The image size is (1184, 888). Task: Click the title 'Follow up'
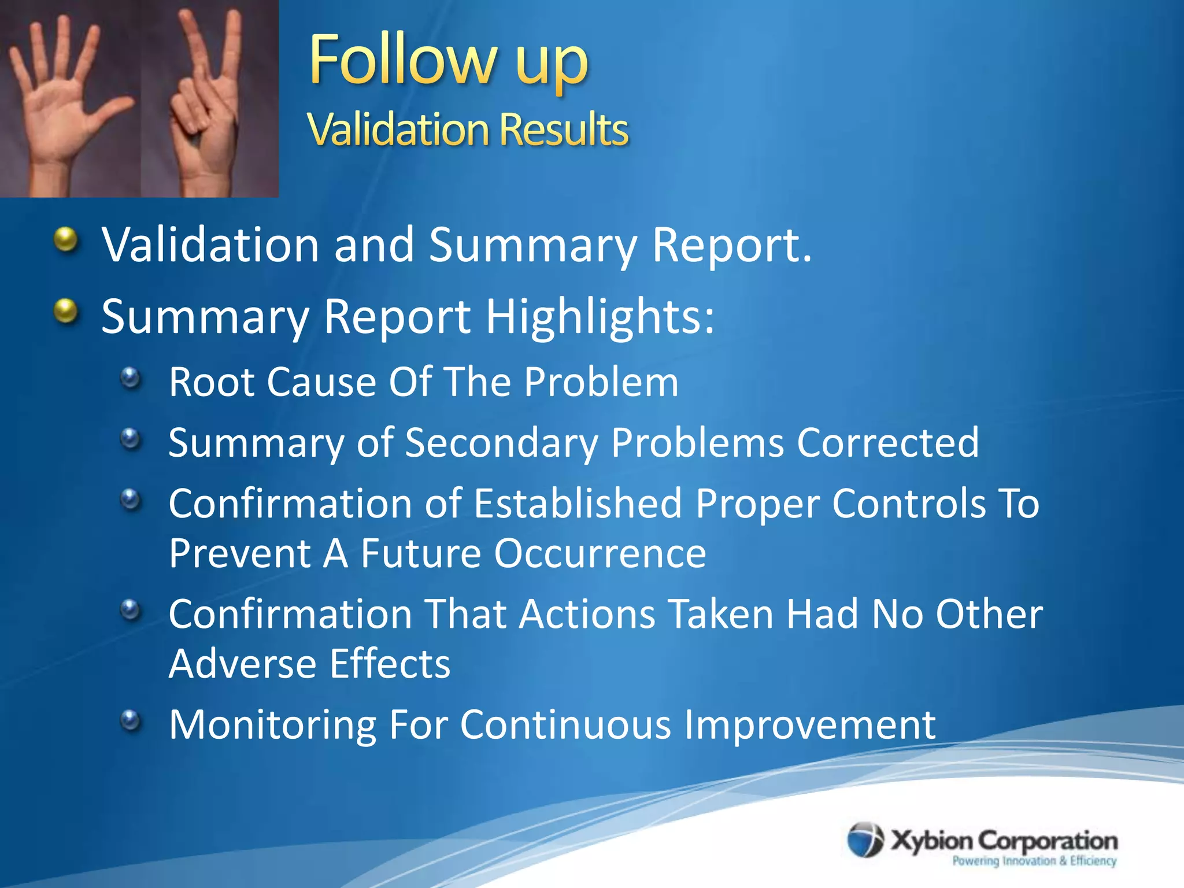coord(448,61)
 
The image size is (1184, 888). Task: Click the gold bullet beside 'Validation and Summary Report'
coord(66,239)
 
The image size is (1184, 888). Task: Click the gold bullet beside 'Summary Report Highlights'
coord(66,312)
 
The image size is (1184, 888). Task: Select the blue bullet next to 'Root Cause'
coord(131,379)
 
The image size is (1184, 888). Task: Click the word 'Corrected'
coord(887,443)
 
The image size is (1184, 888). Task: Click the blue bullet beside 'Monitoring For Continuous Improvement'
coord(131,720)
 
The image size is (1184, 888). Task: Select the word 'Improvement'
coord(809,724)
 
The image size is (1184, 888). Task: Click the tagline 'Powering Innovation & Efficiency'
coord(1034,861)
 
